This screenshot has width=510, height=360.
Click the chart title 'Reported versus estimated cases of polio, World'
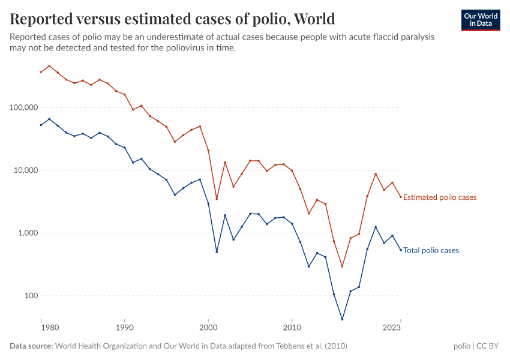click(172, 19)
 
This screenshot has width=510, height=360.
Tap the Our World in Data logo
click(480, 20)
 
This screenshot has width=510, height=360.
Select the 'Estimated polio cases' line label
click(440, 197)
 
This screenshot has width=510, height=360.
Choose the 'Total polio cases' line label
click(431, 250)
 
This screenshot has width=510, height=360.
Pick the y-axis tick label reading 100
click(30, 296)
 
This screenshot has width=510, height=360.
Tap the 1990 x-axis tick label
click(125, 328)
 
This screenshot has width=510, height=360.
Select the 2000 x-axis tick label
click(208, 328)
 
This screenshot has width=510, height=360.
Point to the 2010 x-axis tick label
click(292, 328)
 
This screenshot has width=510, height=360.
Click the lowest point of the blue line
click(342, 319)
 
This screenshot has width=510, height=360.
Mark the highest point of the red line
click(49, 66)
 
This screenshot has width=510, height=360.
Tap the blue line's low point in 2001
click(217, 252)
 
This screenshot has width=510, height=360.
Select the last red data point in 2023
click(401, 197)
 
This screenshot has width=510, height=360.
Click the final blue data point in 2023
click(401, 250)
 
